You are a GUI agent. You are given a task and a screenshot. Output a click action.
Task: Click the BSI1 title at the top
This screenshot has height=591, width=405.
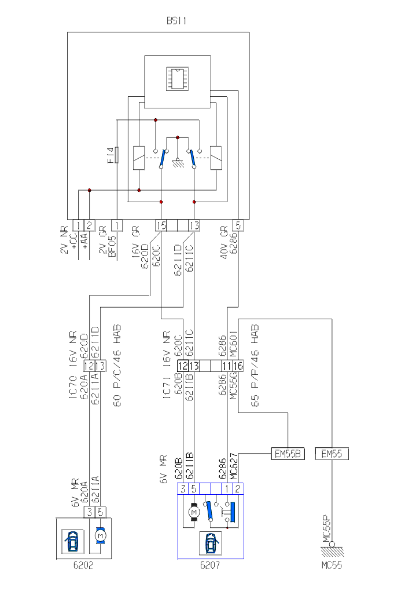176,21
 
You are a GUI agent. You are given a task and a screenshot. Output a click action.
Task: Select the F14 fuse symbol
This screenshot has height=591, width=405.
117,155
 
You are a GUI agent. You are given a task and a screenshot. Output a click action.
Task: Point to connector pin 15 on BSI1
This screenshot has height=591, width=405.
161,225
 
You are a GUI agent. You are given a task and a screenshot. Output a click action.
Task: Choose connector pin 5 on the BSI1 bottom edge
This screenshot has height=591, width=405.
238,225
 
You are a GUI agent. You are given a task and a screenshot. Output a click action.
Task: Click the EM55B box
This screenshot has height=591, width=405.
288,454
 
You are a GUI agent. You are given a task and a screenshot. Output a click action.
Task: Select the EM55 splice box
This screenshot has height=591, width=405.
332,454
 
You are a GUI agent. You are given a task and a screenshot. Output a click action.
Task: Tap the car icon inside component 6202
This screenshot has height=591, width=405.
72,541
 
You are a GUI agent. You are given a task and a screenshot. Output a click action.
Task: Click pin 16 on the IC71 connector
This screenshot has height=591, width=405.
238,366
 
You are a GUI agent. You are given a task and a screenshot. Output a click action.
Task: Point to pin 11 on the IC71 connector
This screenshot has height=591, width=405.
227,366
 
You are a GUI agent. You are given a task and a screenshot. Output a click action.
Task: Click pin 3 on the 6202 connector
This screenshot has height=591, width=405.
90,512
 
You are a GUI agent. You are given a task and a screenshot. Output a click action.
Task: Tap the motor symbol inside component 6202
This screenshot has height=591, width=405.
101,537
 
